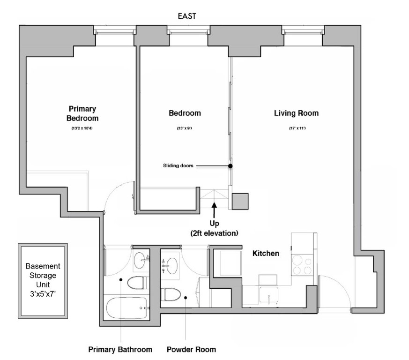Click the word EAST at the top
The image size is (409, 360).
click(187, 16)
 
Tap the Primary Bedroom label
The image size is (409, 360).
click(82, 113)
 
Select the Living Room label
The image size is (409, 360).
click(296, 113)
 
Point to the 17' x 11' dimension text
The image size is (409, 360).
click(297, 128)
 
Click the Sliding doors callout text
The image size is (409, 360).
click(178, 165)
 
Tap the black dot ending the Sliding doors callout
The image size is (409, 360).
click(231, 166)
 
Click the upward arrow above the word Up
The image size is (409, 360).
click(214, 208)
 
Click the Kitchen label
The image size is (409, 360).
click(266, 253)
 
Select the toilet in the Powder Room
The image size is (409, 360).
click(171, 295)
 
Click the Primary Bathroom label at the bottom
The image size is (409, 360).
click(120, 349)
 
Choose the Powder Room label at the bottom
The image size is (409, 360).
click(191, 349)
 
